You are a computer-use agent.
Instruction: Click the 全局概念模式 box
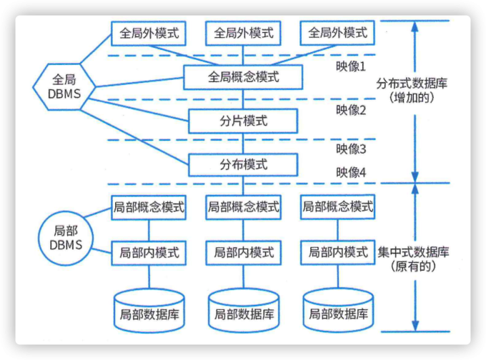click(242, 76)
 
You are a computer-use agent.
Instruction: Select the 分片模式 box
click(242, 121)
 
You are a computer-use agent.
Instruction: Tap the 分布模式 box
click(242, 164)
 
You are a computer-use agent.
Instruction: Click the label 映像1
click(351, 66)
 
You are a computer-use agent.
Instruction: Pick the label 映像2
click(351, 110)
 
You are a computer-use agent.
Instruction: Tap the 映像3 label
click(351, 149)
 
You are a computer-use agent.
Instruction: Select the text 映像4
click(351, 172)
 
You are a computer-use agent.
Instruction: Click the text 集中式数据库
click(412, 252)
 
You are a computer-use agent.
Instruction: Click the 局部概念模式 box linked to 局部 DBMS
click(149, 208)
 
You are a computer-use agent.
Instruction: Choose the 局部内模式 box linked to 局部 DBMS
click(149, 252)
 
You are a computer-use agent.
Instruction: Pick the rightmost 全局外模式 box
click(337, 33)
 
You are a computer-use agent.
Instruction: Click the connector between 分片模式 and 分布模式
click(242, 143)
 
